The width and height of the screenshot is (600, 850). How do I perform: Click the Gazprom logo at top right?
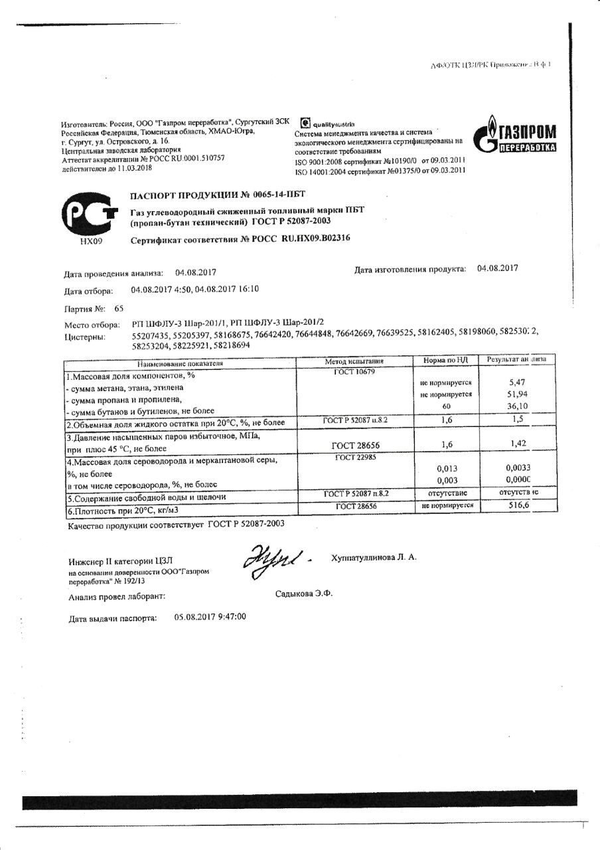[x=515, y=135]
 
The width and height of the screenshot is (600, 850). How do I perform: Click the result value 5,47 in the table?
[x=516, y=382]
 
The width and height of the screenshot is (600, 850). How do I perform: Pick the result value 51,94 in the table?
[x=516, y=394]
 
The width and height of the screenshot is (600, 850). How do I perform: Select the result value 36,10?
[x=516, y=406]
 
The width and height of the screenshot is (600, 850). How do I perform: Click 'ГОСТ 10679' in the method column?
[x=354, y=372]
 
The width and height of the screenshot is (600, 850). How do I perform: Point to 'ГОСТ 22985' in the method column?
[x=354, y=457]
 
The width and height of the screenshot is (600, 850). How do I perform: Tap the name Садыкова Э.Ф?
[x=303, y=594]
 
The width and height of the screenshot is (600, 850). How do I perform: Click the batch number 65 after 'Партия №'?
[x=119, y=308]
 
